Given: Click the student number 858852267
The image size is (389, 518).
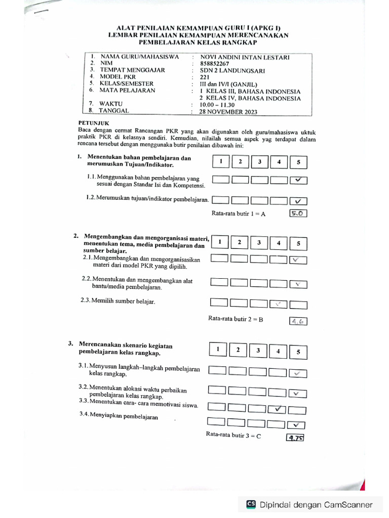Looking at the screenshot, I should pyautogui.click(x=215, y=64).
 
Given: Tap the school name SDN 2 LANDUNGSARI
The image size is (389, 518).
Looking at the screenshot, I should pyautogui.click(x=232, y=71).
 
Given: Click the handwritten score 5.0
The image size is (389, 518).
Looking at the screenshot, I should pyautogui.click(x=297, y=213).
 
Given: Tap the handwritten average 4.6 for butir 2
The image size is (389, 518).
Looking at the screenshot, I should pyautogui.click(x=298, y=321).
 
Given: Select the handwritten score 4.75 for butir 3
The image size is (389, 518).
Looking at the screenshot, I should pyautogui.click(x=295, y=438).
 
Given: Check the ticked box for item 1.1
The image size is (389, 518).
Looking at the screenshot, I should pyautogui.click(x=299, y=180).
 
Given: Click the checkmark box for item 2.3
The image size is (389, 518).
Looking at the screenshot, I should pyautogui.click(x=279, y=304).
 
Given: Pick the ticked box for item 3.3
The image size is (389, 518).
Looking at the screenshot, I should pyautogui.click(x=278, y=409).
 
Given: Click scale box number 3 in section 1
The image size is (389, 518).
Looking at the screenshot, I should pyautogui.click(x=259, y=162).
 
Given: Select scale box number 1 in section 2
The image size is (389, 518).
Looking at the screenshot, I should pyautogui.click(x=220, y=242).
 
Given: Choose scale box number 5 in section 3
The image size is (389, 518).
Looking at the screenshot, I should pyautogui.click(x=298, y=351).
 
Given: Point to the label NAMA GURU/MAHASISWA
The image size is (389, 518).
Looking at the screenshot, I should pyautogui.click(x=140, y=57).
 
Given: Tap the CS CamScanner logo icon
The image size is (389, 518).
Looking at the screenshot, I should pyautogui.click(x=251, y=504).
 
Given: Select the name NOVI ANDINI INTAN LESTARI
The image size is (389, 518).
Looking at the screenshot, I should pyautogui.click(x=245, y=57).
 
